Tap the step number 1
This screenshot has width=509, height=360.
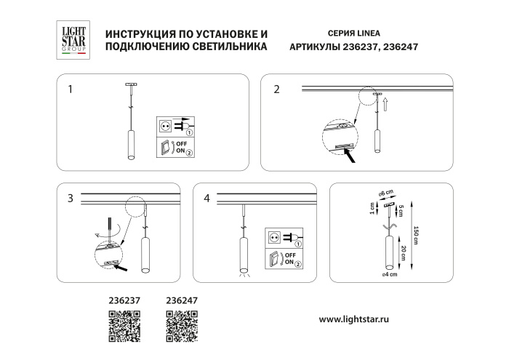pos(70,90)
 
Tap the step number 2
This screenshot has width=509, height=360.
pos(276,90)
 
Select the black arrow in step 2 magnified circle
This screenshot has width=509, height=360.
pos(350,153)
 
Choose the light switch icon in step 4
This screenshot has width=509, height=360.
pos(274,258)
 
